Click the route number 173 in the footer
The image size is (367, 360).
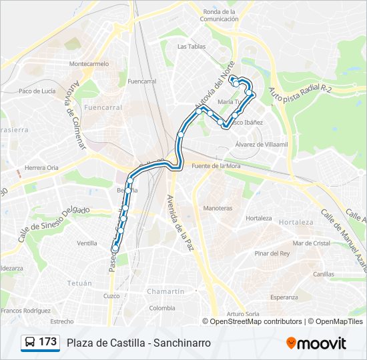[x=47, y=342]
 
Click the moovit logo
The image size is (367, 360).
[x=316, y=343]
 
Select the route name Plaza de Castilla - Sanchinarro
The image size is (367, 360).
[x=139, y=343]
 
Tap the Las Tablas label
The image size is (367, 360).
[x=192, y=47]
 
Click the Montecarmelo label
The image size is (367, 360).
[x=89, y=64]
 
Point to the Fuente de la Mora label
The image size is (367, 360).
[x=215, y=165]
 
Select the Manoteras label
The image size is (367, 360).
[x=218, y=208]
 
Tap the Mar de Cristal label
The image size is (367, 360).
[x=311, y=243]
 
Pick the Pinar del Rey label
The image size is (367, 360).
[x=272, y=253]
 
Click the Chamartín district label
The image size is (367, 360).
[x=166, y=291]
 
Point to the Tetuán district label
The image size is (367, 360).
[x=79, y=283]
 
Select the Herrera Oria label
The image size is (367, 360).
[x=41, y=168]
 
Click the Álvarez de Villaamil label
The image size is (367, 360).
[x=261, y=144]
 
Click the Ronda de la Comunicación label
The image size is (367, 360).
[x=220, y=15]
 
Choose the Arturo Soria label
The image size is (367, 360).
[x=242, y=314]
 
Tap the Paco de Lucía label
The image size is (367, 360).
[x=37, y=91]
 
